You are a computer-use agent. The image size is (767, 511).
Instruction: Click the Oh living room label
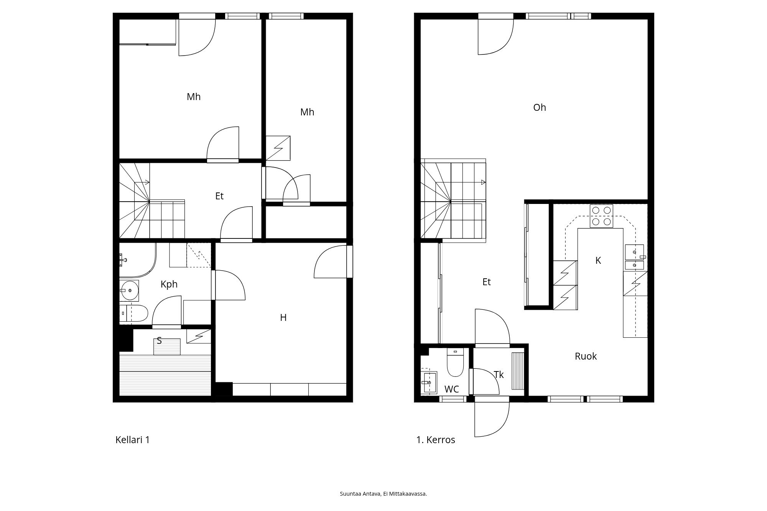point(539,108)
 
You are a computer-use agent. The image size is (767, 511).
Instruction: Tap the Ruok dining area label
point(586,356)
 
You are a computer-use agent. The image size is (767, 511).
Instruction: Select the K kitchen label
point(598,261)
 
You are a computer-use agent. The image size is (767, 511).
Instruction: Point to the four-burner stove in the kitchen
point(601,216)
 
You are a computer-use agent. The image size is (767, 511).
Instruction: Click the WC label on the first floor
point(451,389)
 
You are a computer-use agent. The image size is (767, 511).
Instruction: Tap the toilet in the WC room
point(455,362)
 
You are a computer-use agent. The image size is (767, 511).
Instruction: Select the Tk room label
point(499,375)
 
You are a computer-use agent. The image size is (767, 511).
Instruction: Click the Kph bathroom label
point(169,284)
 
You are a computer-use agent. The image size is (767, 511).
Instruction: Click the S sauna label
point(159,340)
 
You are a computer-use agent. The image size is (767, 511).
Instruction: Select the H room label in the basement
point(283,317)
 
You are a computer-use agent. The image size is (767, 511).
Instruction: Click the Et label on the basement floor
point(219,196)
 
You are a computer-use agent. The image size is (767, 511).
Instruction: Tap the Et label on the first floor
point(486,282)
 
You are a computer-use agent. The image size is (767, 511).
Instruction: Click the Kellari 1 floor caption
point(132,440)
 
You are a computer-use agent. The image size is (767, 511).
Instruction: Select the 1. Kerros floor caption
point(436,440)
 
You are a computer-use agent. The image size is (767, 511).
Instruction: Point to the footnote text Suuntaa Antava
point(360,494)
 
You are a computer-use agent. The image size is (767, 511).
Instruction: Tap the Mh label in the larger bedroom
point(193,97)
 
